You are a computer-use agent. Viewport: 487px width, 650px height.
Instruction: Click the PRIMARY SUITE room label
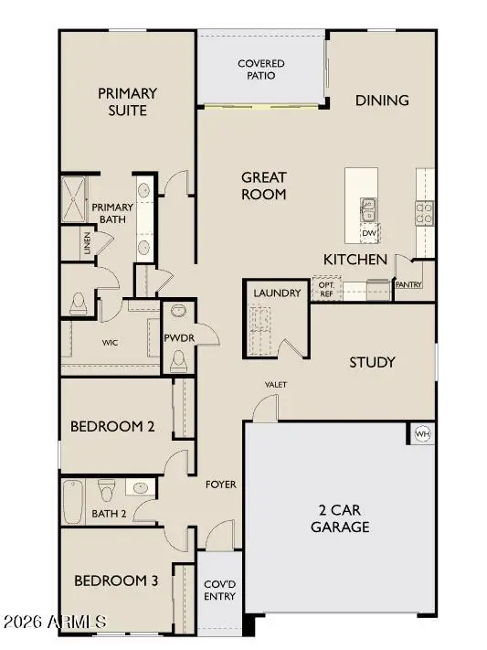pyautogui.click(x=128, y=101)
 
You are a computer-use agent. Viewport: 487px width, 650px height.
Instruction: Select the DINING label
pyautogui.click(x=382, y=100)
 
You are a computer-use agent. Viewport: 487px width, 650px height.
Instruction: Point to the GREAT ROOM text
pyautogui.click(x=264, y=186)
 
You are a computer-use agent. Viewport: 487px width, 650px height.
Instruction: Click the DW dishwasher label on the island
pyautogui.click(x=369, y=234)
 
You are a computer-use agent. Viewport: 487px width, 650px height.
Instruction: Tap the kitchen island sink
pyautogui.click(x=369, y=211)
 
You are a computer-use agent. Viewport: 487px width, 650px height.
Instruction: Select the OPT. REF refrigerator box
pyautogui.click(x=324, y=288)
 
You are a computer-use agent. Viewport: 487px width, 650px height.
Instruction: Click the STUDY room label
pyautogui.click(x=373, y=362)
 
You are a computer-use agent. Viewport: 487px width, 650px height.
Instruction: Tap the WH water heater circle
pyautogui.click(x=423, y=433)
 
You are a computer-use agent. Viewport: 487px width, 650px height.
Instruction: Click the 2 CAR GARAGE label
pyautogui.click(x=338, y=518)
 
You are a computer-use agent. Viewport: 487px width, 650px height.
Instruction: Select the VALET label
pyautogui.click(x=275, y=384)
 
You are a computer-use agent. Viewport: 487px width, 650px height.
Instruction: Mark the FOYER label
pyautogui.click(x=220, y=484)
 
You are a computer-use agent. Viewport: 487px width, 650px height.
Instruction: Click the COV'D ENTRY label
pyautogui.click(x=219, y=590)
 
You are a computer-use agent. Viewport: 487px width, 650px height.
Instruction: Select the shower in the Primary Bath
pyautogui.click(x=73, y=198)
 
